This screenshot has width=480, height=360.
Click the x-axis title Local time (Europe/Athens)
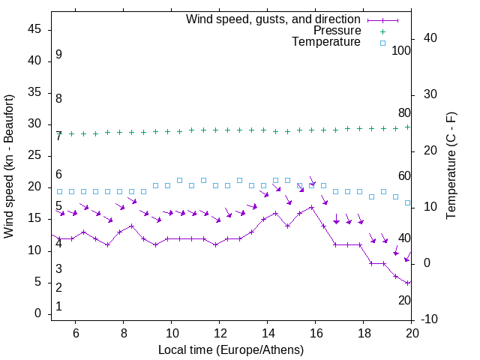pyautogui.click(x=231, y=350)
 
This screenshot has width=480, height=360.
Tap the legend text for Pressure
pyautogui.click(x=337, y=31)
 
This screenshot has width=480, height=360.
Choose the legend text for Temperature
pyautogui.click(x=326, y=42)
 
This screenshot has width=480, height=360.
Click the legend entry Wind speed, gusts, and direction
pyautogui.click(x=273, y=19)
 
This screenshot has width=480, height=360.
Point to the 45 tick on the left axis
pyautogui.click(x=34, y=29)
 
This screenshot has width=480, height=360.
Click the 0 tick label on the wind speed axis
pyautogui.click(x=37, y=314)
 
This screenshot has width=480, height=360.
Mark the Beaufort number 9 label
pyautogui.click(x=58, y=55)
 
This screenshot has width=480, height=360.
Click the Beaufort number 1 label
pyautogui.click(x=58, y=307)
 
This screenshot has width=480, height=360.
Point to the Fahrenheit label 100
pyautogui.click(x=401, y=50)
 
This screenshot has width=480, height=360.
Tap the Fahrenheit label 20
pyautogui.click(x=404, y=300)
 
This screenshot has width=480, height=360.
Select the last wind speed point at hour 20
pyautogui.click(x=408, y=283)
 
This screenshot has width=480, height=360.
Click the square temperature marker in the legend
pyautogui.click(x=382, y=43)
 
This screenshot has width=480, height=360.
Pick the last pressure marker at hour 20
pyautogui.click(x=408, y=127)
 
